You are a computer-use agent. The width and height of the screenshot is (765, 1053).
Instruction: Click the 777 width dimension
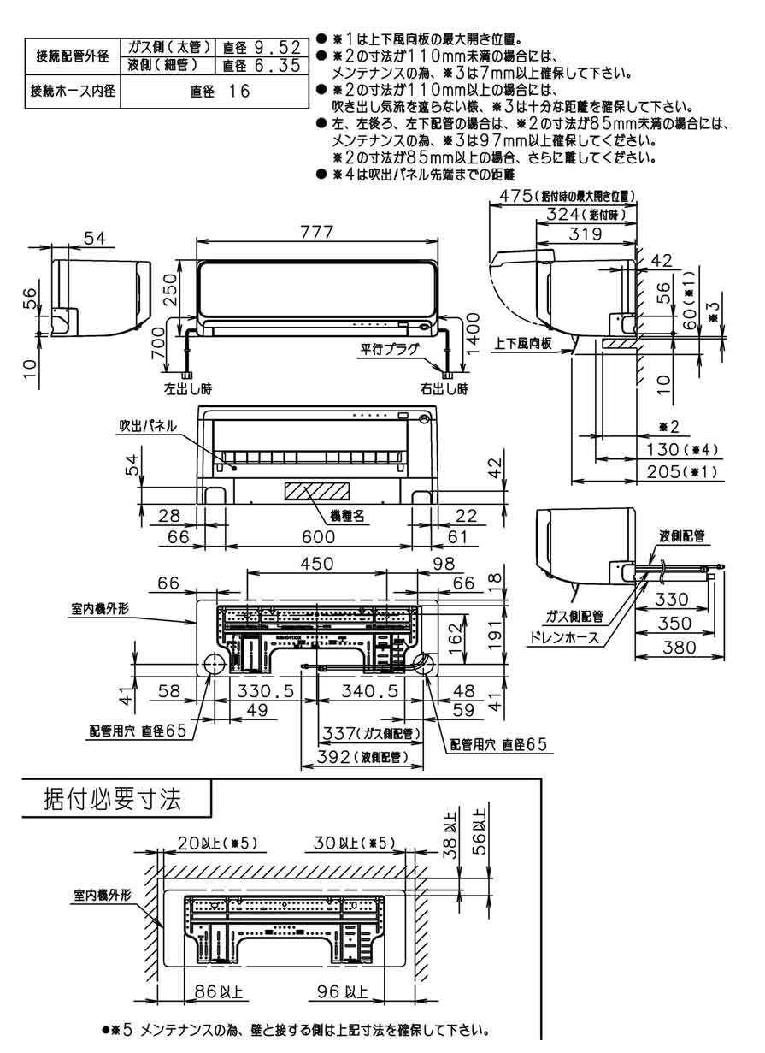tap(315, 234)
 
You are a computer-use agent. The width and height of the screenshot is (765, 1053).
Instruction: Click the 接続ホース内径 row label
tap(73, 92)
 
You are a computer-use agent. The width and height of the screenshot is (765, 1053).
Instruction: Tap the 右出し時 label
tap(444, 389)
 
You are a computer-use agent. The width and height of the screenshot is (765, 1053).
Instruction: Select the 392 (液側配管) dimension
tap(360, 758)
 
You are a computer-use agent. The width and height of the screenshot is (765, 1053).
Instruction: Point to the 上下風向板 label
tap(523, 343)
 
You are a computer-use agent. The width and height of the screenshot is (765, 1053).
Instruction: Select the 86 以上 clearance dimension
tap(218, 992)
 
